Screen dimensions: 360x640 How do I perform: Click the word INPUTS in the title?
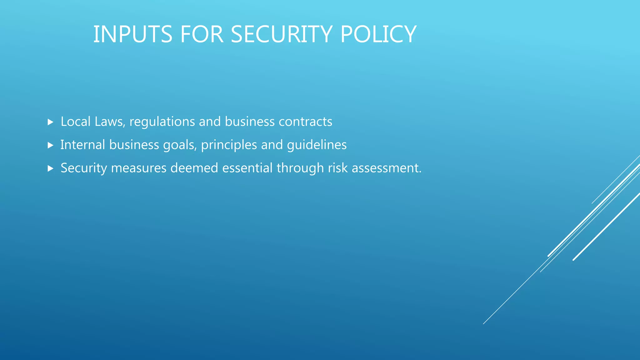pyautogui.click(x=133, y=34)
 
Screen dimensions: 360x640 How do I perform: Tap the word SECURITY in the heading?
pyautogui.click(x=281, y=34)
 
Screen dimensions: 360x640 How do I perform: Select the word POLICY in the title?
pyautogui.click(x=378, y=34)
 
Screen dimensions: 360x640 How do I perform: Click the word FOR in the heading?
pyautogui.click(x=202, y=34)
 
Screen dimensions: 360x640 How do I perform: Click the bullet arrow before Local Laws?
pyautogui.click(x=51, y=122)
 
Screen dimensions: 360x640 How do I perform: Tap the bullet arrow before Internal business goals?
pyautogui.click(x=51, y=145)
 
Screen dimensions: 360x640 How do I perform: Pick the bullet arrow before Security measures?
pyautogui.click(x=51, y=168)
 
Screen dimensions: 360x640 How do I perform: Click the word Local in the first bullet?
pyautogui.click(x=76, y=122)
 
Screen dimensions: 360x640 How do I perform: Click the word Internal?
pyautogui.click(x=82, y=145)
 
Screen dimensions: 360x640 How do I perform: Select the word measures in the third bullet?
pyautogui.click(x=139, y=168)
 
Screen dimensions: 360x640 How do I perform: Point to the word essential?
pyautogui.click(x=247, y=168)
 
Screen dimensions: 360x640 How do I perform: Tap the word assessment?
pyautogui.click(x=387, y=168)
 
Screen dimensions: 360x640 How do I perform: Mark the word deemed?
pyautogui.click(x=194, y=168)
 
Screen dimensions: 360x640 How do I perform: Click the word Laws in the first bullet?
pyautogui.click(x=110, y=122)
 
